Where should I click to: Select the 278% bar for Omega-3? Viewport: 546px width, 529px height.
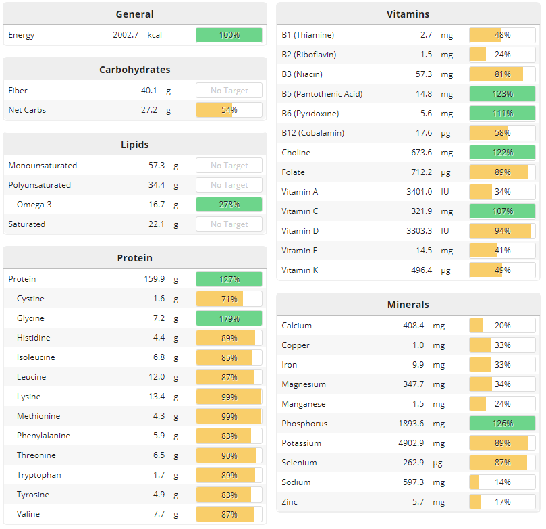229,205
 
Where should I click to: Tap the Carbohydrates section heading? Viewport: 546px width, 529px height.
134,70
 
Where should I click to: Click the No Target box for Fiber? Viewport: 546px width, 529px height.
229,91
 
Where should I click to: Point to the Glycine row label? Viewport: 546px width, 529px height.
30,318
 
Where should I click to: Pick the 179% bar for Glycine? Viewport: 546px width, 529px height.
229,318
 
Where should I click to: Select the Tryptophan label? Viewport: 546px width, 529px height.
38,475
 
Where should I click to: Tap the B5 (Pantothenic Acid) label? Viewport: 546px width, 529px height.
322,94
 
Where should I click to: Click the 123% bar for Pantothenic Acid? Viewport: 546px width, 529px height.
502,94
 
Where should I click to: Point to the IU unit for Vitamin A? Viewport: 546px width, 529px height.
445,192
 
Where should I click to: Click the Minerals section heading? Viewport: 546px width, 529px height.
408,305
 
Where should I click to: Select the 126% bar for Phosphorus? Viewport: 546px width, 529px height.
502,424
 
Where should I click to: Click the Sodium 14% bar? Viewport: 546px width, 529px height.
502,482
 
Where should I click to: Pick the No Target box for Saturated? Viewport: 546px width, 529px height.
229,224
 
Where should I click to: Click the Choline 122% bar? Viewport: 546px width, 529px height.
502,153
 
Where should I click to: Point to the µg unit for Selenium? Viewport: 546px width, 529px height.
445,463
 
